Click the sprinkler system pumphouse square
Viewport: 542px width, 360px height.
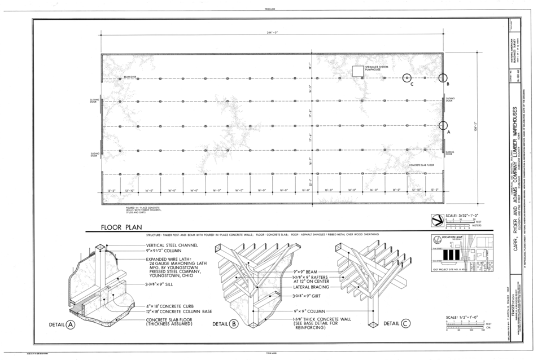pos(357,71)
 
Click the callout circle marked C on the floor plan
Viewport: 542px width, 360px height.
pos(406,78)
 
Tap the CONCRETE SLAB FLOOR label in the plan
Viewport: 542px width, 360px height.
pos(421,165)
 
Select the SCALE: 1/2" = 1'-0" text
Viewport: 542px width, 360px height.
pos(462,318)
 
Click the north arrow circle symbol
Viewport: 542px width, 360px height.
pos(437,219)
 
